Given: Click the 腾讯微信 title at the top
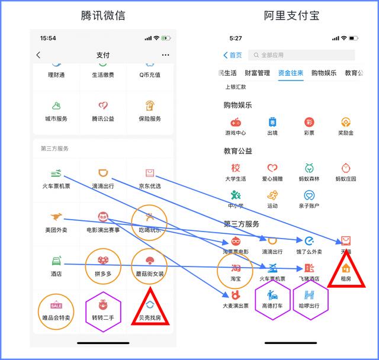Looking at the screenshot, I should [103, 15].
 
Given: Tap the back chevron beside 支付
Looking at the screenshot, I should [38, 55].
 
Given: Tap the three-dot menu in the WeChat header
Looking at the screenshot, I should [165, 55].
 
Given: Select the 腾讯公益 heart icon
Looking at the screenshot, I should [103, 106].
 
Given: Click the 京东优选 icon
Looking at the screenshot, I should [149, 173].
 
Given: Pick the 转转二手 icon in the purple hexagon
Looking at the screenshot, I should [103, 305].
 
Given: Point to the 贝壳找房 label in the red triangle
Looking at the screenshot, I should [149, 318].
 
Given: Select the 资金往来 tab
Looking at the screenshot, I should [291, 73].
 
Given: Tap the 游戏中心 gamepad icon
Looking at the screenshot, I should [236, 122].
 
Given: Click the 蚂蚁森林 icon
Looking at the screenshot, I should [309, 168].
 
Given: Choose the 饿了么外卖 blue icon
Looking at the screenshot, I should [309, 240].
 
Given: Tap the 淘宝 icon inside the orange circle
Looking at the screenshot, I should [236, 267].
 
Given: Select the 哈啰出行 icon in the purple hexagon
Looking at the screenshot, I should [309, 294].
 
